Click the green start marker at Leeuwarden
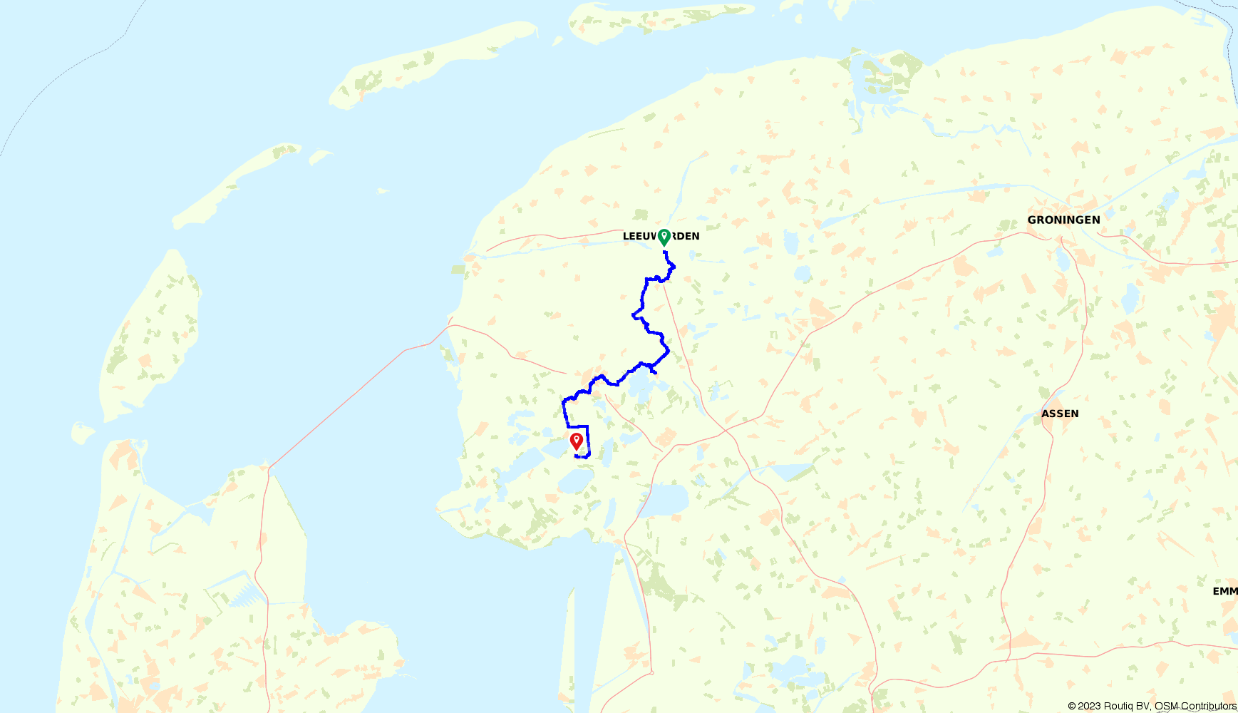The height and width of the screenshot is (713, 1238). click(x=664, y=237)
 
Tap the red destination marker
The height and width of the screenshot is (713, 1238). click(x=577, y=441)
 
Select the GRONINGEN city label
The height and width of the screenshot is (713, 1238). click(x=1063, y=220)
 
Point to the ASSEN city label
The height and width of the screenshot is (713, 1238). click(x=1060, y=414)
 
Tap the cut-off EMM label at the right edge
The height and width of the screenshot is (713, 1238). click(x=1225, y=591)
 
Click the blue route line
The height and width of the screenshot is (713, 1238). click(x=644, y=299)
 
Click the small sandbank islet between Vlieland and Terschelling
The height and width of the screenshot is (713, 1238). click(x=320, y=155)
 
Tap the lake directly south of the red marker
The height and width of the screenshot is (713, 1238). click(x=575, y=481)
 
